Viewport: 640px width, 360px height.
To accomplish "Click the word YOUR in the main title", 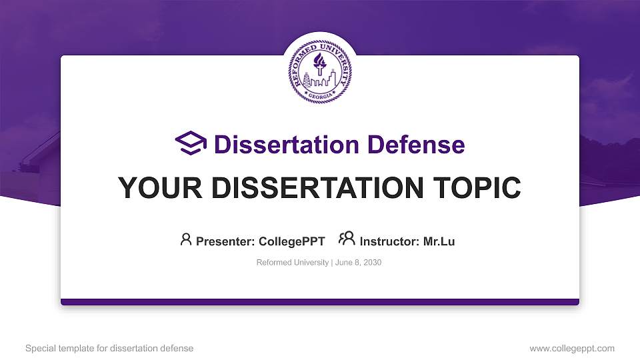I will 153,188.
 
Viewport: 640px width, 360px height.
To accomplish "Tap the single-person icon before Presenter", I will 186,239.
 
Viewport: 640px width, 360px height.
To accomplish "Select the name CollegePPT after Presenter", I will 292,241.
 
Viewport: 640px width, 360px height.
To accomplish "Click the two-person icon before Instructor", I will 347,239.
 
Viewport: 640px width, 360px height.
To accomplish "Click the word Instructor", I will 389,241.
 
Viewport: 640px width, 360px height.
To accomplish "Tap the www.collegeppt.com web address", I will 572,348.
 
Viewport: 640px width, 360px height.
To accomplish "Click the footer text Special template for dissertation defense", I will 109,348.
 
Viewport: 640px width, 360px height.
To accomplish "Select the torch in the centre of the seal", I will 320,65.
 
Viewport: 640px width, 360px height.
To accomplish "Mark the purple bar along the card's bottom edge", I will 320,302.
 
